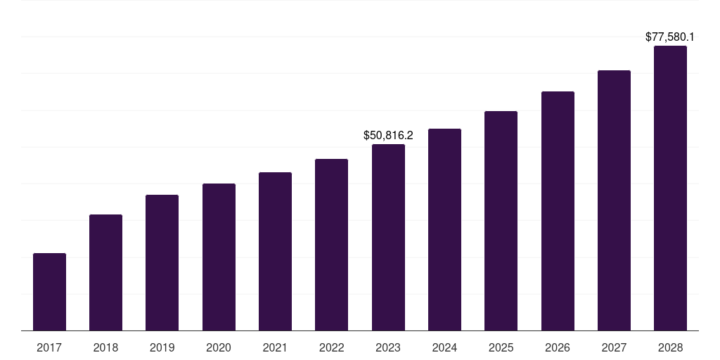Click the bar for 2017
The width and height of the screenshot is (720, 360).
coord(49,292)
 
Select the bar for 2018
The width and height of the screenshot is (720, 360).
coord(105,272)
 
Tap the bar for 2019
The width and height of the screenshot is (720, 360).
coord(162,262)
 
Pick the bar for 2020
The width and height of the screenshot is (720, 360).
coord(219,257)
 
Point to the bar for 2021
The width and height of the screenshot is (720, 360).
coord(275,251)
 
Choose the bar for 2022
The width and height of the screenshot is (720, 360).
coord(331,245)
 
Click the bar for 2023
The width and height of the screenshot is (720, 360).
coord(388,237)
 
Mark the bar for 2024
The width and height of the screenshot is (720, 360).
coord(444,229)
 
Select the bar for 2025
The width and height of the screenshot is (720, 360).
coord(501,221)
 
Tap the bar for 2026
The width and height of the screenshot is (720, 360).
coord(558,211)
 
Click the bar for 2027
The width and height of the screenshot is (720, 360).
coord(614,200)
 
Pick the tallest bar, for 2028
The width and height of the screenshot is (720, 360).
coord(670,188)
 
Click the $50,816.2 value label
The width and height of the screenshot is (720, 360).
coord(388,135)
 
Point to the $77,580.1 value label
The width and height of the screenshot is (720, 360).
coord(670,37)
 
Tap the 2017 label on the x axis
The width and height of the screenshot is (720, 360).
coord(49,347)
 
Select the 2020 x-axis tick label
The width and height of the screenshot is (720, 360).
coord(219,347)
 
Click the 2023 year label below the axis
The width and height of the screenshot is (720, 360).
coord(388,347)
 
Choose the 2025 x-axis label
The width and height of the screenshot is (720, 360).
coord(501,347)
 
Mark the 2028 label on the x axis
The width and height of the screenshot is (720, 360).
coord(670,347)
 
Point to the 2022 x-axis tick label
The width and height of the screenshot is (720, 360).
coord(331,347)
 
